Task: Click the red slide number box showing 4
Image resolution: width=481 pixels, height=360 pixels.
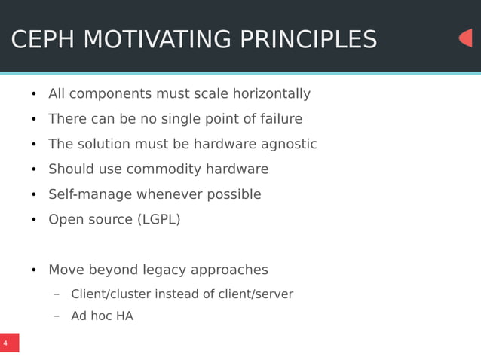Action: click(9, 343)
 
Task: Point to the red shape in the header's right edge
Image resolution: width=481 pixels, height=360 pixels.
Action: click(466, 38)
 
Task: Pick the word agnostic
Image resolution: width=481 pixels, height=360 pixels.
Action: click(289, 145)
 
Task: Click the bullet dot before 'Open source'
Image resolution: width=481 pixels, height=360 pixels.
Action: click(33, 221)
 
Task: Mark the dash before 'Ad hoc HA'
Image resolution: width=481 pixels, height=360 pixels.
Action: click(57, 316)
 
